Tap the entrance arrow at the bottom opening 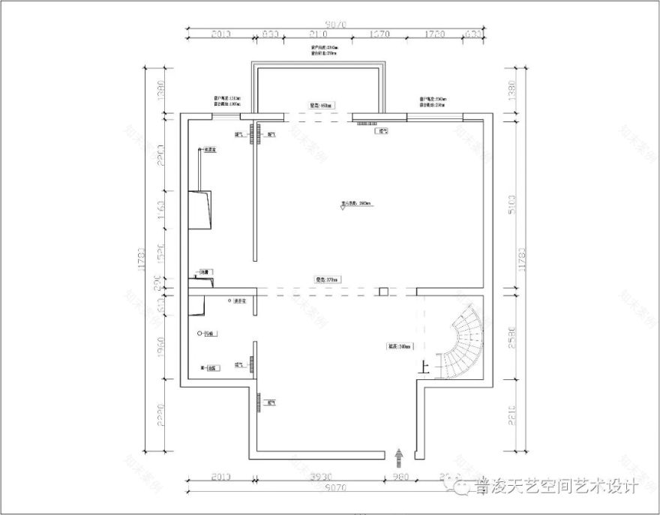[398, 454]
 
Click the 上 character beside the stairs [425, 367]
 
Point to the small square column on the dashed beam [382, 291]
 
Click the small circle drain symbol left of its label [199, 333]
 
